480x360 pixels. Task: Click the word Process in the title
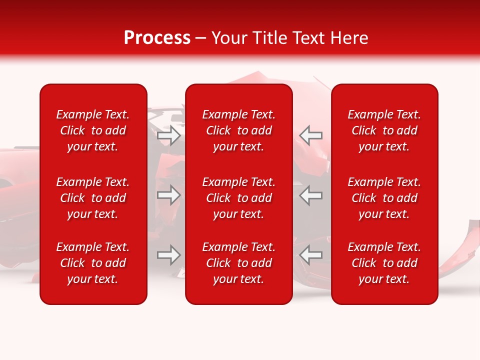[157, 38]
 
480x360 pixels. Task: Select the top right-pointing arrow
[169, 135]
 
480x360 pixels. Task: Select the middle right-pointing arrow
[169, 195]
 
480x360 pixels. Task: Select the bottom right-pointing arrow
[169, 255]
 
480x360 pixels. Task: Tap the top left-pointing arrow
[310, 135]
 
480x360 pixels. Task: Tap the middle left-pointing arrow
[310, 195]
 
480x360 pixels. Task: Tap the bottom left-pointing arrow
[310, 255]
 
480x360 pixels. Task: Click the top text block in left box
[93, 130]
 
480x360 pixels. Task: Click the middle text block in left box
[93, 198]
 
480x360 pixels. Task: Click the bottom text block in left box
[93, 263]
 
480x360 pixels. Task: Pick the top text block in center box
[238, 130]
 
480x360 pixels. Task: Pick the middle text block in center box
[238, 198]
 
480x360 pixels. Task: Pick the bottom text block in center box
[238, 263]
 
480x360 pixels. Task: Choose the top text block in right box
[384, 130]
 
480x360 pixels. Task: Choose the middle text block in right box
[384, 198]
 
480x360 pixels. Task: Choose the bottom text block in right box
[384, 263]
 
